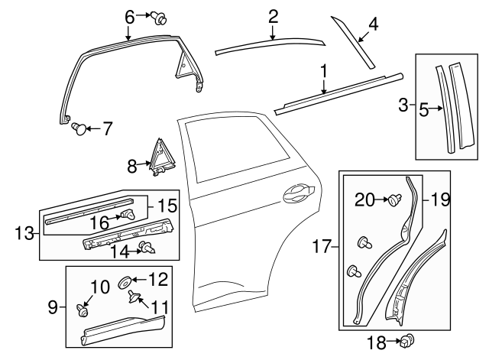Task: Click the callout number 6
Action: [129, 15]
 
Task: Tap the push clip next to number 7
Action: [79, 130]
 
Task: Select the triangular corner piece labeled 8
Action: [162, 155]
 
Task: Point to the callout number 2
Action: [273, 15]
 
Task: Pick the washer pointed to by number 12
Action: [125, 284]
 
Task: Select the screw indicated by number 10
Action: [81, 310]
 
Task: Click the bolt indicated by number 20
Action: [394, 201]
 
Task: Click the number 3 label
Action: [403, 105]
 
